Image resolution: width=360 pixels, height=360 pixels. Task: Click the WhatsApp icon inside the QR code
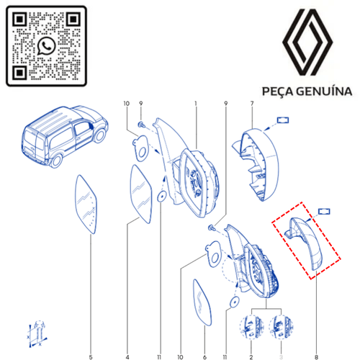click(46, 46)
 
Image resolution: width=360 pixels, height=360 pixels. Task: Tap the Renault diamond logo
click(307, 42)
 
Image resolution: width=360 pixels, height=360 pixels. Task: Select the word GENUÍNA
click(324, 91)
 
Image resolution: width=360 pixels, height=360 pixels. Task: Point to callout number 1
click(196, 104)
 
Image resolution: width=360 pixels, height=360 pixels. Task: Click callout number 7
click(252, 104)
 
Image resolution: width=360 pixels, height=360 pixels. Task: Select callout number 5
click(91, 357)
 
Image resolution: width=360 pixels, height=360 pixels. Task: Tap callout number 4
click(127, 357)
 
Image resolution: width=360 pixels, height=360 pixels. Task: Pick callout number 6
click(204, 357)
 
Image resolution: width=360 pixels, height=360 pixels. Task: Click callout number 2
click(251, 357)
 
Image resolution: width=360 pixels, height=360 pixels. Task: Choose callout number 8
click(316, 357)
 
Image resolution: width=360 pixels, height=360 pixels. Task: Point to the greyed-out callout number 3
click(281, 357)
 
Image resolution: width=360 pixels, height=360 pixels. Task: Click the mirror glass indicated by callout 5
click(86, 204)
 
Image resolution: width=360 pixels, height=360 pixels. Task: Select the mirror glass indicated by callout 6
click(202, 302)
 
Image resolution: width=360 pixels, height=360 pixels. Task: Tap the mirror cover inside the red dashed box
click(306, 242)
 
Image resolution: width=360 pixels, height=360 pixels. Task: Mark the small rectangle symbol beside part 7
click(283, 120)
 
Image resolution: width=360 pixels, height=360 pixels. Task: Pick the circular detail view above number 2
click(251, 327)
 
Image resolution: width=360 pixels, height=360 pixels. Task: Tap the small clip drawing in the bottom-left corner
click(37, 333)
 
